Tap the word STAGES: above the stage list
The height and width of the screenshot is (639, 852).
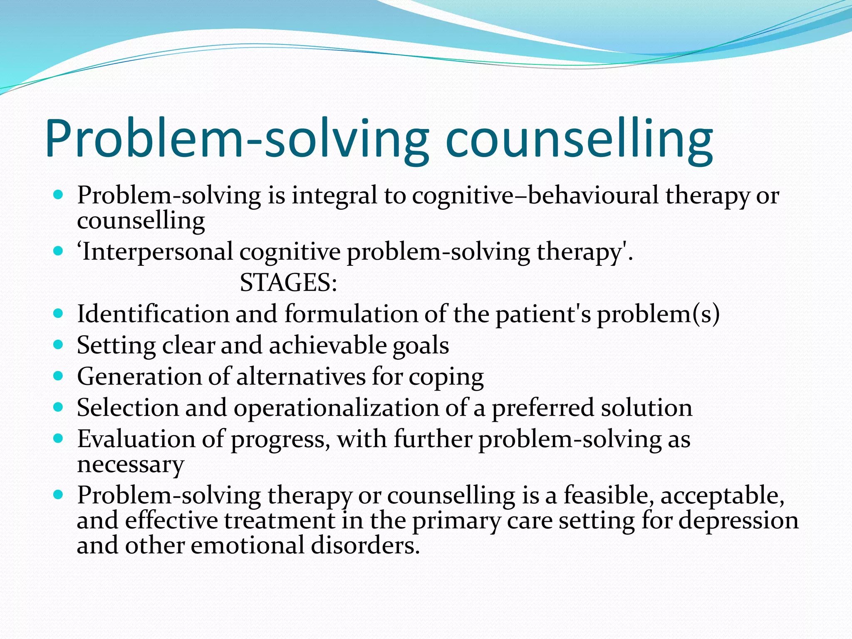288,283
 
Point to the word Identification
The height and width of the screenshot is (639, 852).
153,314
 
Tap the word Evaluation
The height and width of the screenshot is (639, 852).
136,439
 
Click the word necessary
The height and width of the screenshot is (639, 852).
130,465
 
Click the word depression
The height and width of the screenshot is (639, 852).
738,521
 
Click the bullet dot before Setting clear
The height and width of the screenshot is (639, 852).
58,344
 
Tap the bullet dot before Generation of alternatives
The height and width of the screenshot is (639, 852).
58,376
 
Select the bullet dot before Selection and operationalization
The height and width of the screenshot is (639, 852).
58,407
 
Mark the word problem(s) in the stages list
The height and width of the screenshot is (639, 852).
658,315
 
